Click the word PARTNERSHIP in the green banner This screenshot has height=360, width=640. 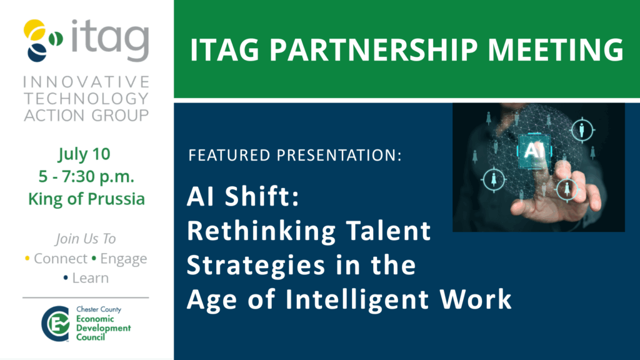[373, 50]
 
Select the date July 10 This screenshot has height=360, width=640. [84, 154]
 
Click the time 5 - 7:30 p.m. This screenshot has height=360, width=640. [86, 177]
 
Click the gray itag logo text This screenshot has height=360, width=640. [110, 41]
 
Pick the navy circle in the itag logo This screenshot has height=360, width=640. [37, 52]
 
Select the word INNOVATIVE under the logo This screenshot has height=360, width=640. [86, 82]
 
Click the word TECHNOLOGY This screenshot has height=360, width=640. [86, 98]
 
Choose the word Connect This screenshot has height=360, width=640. [61, 258]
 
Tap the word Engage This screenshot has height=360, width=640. [124, 259]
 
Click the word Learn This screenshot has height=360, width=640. [90, 278]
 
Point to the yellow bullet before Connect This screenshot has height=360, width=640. [27, 258]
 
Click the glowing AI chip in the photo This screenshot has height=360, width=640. [534, 151]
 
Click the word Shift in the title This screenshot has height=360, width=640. [262, 196]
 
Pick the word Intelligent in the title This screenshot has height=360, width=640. [357, 299]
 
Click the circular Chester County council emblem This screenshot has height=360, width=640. [56, 324]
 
